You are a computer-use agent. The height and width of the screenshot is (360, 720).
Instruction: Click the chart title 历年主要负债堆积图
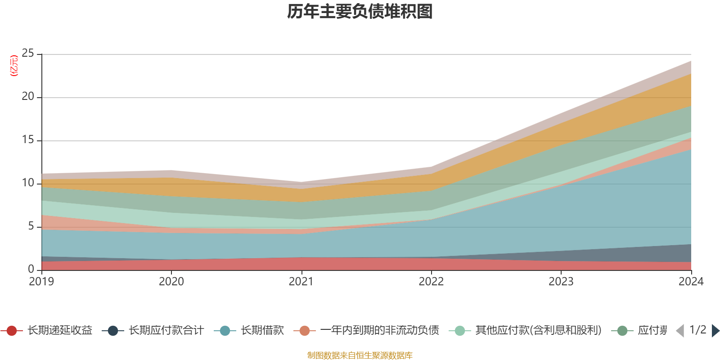(x=360, y=12)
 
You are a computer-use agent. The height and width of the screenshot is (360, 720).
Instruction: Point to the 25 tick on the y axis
(x=28, y=54)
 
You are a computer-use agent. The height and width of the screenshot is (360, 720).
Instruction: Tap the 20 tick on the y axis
(x=28, y=97)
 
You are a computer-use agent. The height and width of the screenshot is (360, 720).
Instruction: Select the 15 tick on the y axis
(x=28, y=140)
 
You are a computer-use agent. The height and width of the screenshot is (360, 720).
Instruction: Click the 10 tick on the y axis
(x=28, y=183)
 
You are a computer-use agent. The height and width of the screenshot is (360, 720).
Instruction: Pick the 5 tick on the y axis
(x=31, y=226)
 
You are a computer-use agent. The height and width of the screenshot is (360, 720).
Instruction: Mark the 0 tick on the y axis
(x=31, y=269)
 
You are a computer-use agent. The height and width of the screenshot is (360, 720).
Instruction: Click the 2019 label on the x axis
(x=41, y=282)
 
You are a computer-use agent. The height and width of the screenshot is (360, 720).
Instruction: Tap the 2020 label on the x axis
(x=171, y=282)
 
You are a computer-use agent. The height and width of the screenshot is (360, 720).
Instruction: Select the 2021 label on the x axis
(x=301, y=282)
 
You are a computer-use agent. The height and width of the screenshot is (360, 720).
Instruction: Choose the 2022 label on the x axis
(x=431, y=282)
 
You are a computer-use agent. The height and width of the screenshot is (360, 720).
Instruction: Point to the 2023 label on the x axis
(x=561, y=282)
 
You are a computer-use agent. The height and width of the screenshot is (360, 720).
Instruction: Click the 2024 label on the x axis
(x=691, y=282)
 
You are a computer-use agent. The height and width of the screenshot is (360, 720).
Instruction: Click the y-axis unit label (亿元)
(x=14, y=66)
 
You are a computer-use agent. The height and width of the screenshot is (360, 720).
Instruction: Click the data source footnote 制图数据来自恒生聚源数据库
(x=360, y=355)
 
